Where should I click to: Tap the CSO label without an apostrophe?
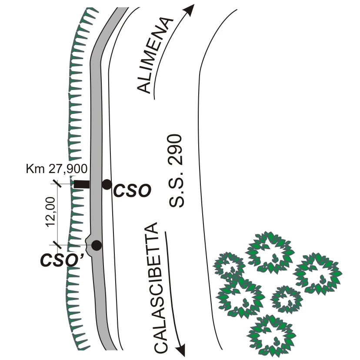pyautogui.click(x=131, y=191)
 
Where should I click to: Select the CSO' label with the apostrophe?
pyautogui.click(x=65, y=260)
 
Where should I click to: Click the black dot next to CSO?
pyautogui.click(x=107, y=184)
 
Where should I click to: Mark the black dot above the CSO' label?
pyautogui.click(x=97, y=245)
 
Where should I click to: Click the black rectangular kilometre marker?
pyautogui.click(x=81, y=184)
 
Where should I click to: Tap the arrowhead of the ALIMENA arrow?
pyautogui.click(x=190, y=10)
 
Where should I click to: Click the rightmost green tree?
pyautogui.click(x=317, y=272)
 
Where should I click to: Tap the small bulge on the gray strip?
pyautogui.click(x=89, y=239)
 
